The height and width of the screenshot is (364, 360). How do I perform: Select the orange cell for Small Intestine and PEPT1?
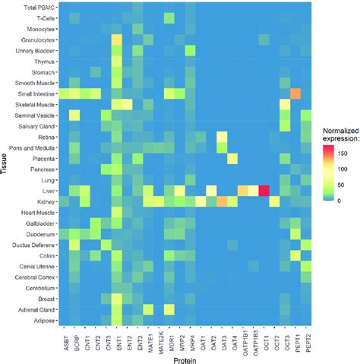click(295, 93)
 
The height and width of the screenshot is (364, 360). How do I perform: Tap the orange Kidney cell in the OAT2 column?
click(223, 201)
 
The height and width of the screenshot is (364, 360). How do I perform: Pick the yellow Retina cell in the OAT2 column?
click(223, 136)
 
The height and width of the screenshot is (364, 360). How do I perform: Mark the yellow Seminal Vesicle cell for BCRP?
click(74, 115)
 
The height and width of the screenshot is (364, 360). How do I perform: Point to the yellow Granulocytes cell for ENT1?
click(116, 39)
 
